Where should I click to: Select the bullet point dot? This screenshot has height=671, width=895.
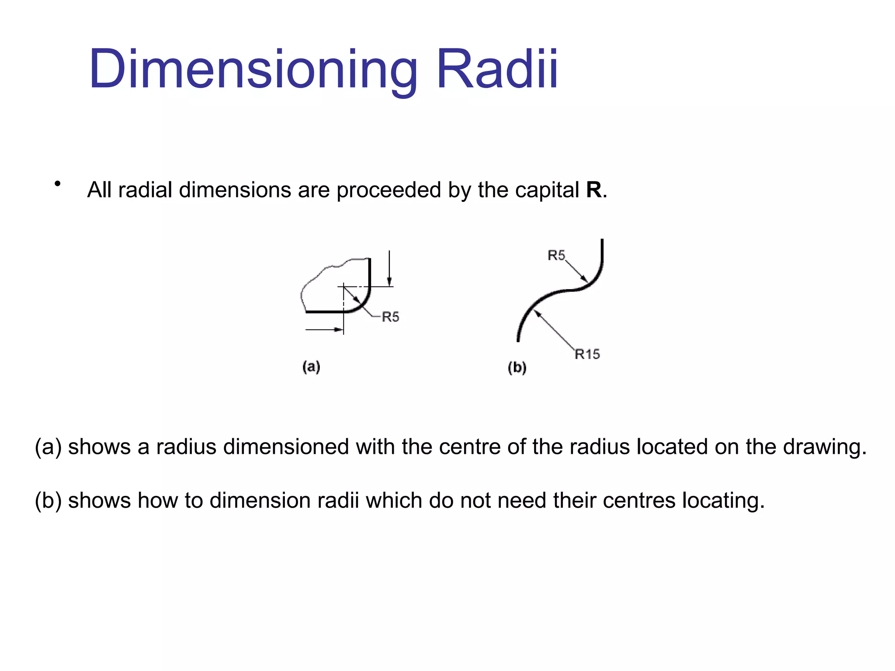coord(57,184)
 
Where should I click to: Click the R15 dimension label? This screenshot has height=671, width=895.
coord(587,354)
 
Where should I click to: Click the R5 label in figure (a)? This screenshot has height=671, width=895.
coord(391,317)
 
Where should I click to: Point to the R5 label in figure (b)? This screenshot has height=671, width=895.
coord(556,255)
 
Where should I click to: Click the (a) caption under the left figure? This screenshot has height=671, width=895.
coord(311,367)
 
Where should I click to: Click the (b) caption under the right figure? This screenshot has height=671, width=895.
coord(517,367)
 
